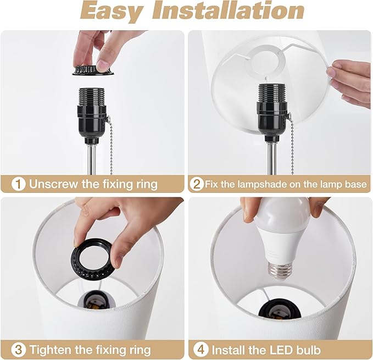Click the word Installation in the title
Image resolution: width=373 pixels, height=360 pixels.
228,10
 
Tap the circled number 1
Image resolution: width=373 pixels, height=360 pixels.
18,184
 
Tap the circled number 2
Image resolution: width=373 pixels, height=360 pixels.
197,184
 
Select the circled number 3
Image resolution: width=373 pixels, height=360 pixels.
18,350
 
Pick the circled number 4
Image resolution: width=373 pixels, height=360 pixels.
201,350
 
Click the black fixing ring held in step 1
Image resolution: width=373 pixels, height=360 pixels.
93,71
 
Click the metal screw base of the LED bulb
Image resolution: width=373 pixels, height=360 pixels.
280,270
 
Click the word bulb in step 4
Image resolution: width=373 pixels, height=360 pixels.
308,350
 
